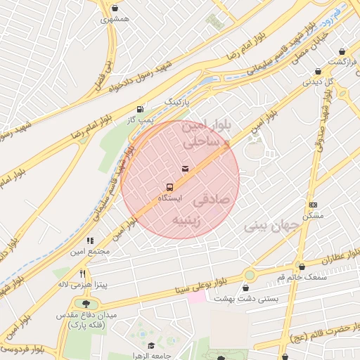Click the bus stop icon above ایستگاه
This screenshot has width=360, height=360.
169,187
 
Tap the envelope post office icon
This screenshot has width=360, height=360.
185,169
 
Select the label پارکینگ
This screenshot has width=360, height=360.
178,102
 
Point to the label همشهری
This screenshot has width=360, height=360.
115,20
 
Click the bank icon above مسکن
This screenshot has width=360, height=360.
312,205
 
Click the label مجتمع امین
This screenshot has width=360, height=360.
89,251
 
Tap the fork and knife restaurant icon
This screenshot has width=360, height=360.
82,274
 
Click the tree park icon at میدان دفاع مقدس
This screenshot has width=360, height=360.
86,304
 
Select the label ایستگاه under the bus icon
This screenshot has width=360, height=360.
169,199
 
